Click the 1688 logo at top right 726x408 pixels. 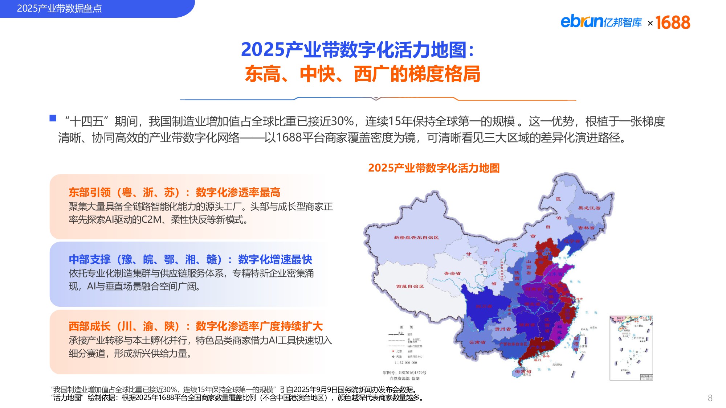(x=673, y=22)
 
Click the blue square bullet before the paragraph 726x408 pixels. (x=53, y=118)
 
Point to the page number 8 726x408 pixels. (x=710, y=398)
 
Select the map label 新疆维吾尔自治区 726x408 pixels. (x=416, y=238)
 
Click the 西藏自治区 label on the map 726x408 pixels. (x=410, y=287)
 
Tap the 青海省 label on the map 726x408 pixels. (x=452, y=273)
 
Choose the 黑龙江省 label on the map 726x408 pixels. (x=589, y=208)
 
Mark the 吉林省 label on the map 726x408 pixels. (x=586, y=228)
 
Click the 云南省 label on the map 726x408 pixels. (x=477, y=342)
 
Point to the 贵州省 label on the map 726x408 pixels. (x=503, y=329)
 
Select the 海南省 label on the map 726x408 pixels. (x=523, y=371)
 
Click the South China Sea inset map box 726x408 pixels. (x=631, y=348)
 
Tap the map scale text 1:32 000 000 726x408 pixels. (x=405, y=363)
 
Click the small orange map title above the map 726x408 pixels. (x=434, y=168)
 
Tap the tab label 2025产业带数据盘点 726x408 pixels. (x=59, y=8)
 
